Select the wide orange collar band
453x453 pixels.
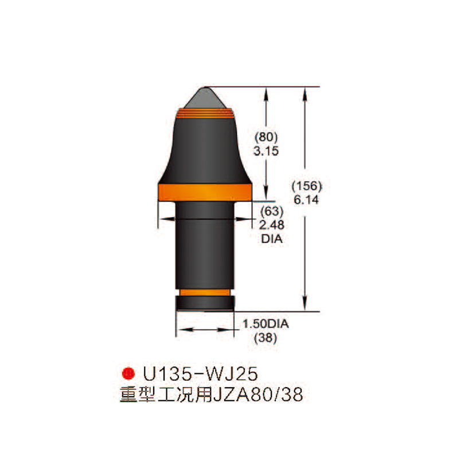(205, 192)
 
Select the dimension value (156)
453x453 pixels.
(308, 186)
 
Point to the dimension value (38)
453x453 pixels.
(265, 338)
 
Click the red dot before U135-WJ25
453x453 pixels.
(127, 373)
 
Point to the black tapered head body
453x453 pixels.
(205, 149)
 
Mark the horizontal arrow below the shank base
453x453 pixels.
(205, 330)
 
